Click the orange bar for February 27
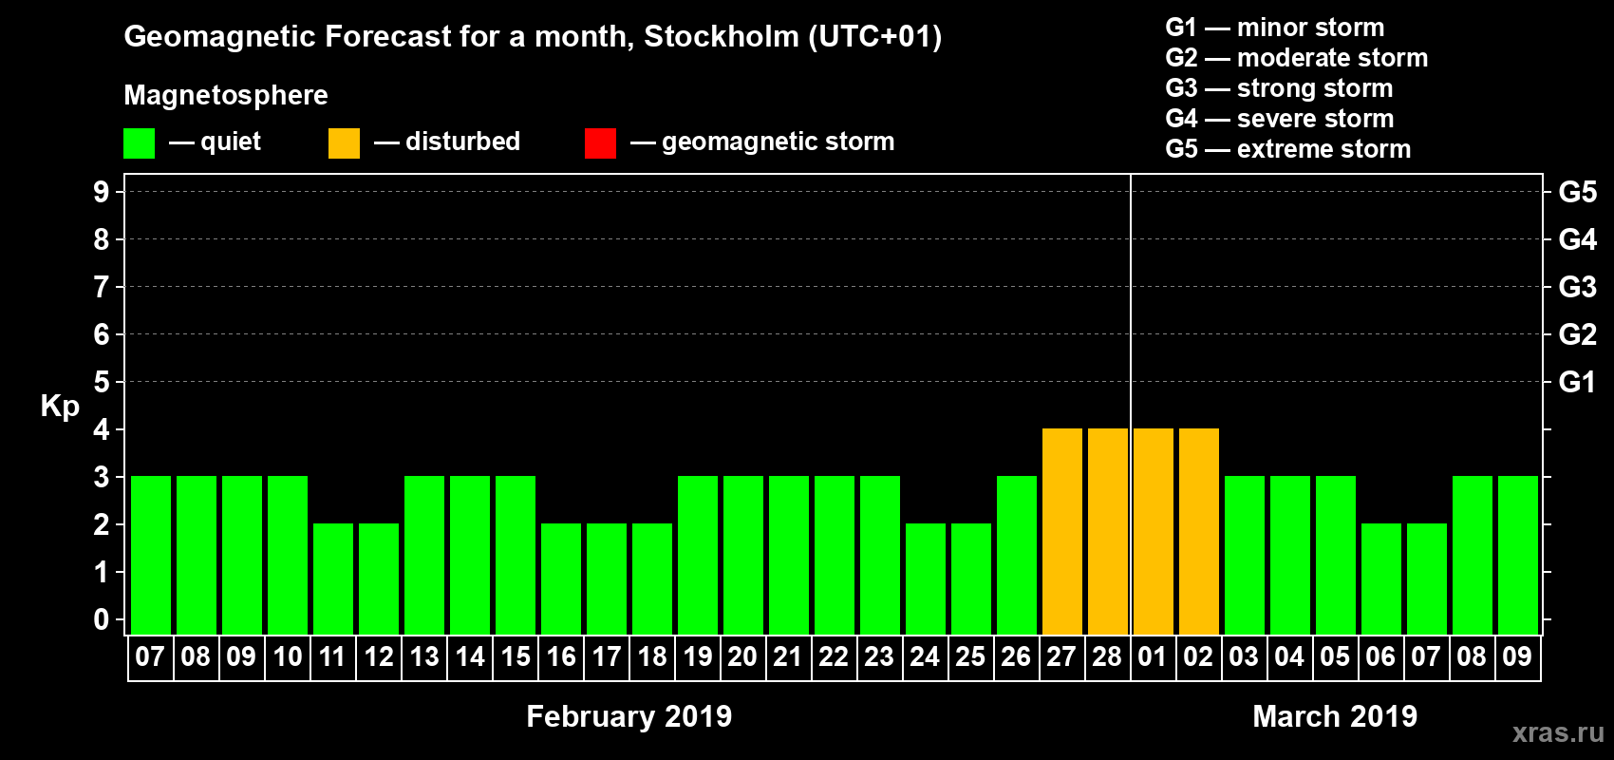pyautogui.click(x=1061, y=531)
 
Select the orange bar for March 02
pyautogui.click(x=1198, y=531)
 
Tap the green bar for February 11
pyautogui.click(x=332, y=579)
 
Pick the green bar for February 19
pyautogui.click(x=697, y=555)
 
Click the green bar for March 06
pyautogui.click(x=1380, y=579)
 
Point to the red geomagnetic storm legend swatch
pyautogui.click(x=600, y=143)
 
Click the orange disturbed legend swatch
pyautogui.click(x=344, y=143)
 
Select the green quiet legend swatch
pyautogui.click(x=139, y=143)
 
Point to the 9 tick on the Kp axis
pyautogui.click(x=102, y=192)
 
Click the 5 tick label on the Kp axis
pyautogui.click(x=102, y=382)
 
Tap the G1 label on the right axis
pyautogui.click(x=1577, y=382)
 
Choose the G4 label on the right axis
pyautogui.click(x=1577, y=239)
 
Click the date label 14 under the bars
pyautogui.click(x=469, y=656)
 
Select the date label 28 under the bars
pyautogui.click(x=1107, y=656)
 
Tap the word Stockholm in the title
pyautogui.click(x=722, y=37)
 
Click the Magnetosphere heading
pyautogui.click(x=226, y=95)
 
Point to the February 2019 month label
pyautogui.click(x=629, y=716)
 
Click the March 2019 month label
pyautogui.click(x=1334, y=716)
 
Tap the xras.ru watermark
pyautogui.click(x=1557, y=732)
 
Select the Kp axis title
pyautogui.click(x=60, y=406)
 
